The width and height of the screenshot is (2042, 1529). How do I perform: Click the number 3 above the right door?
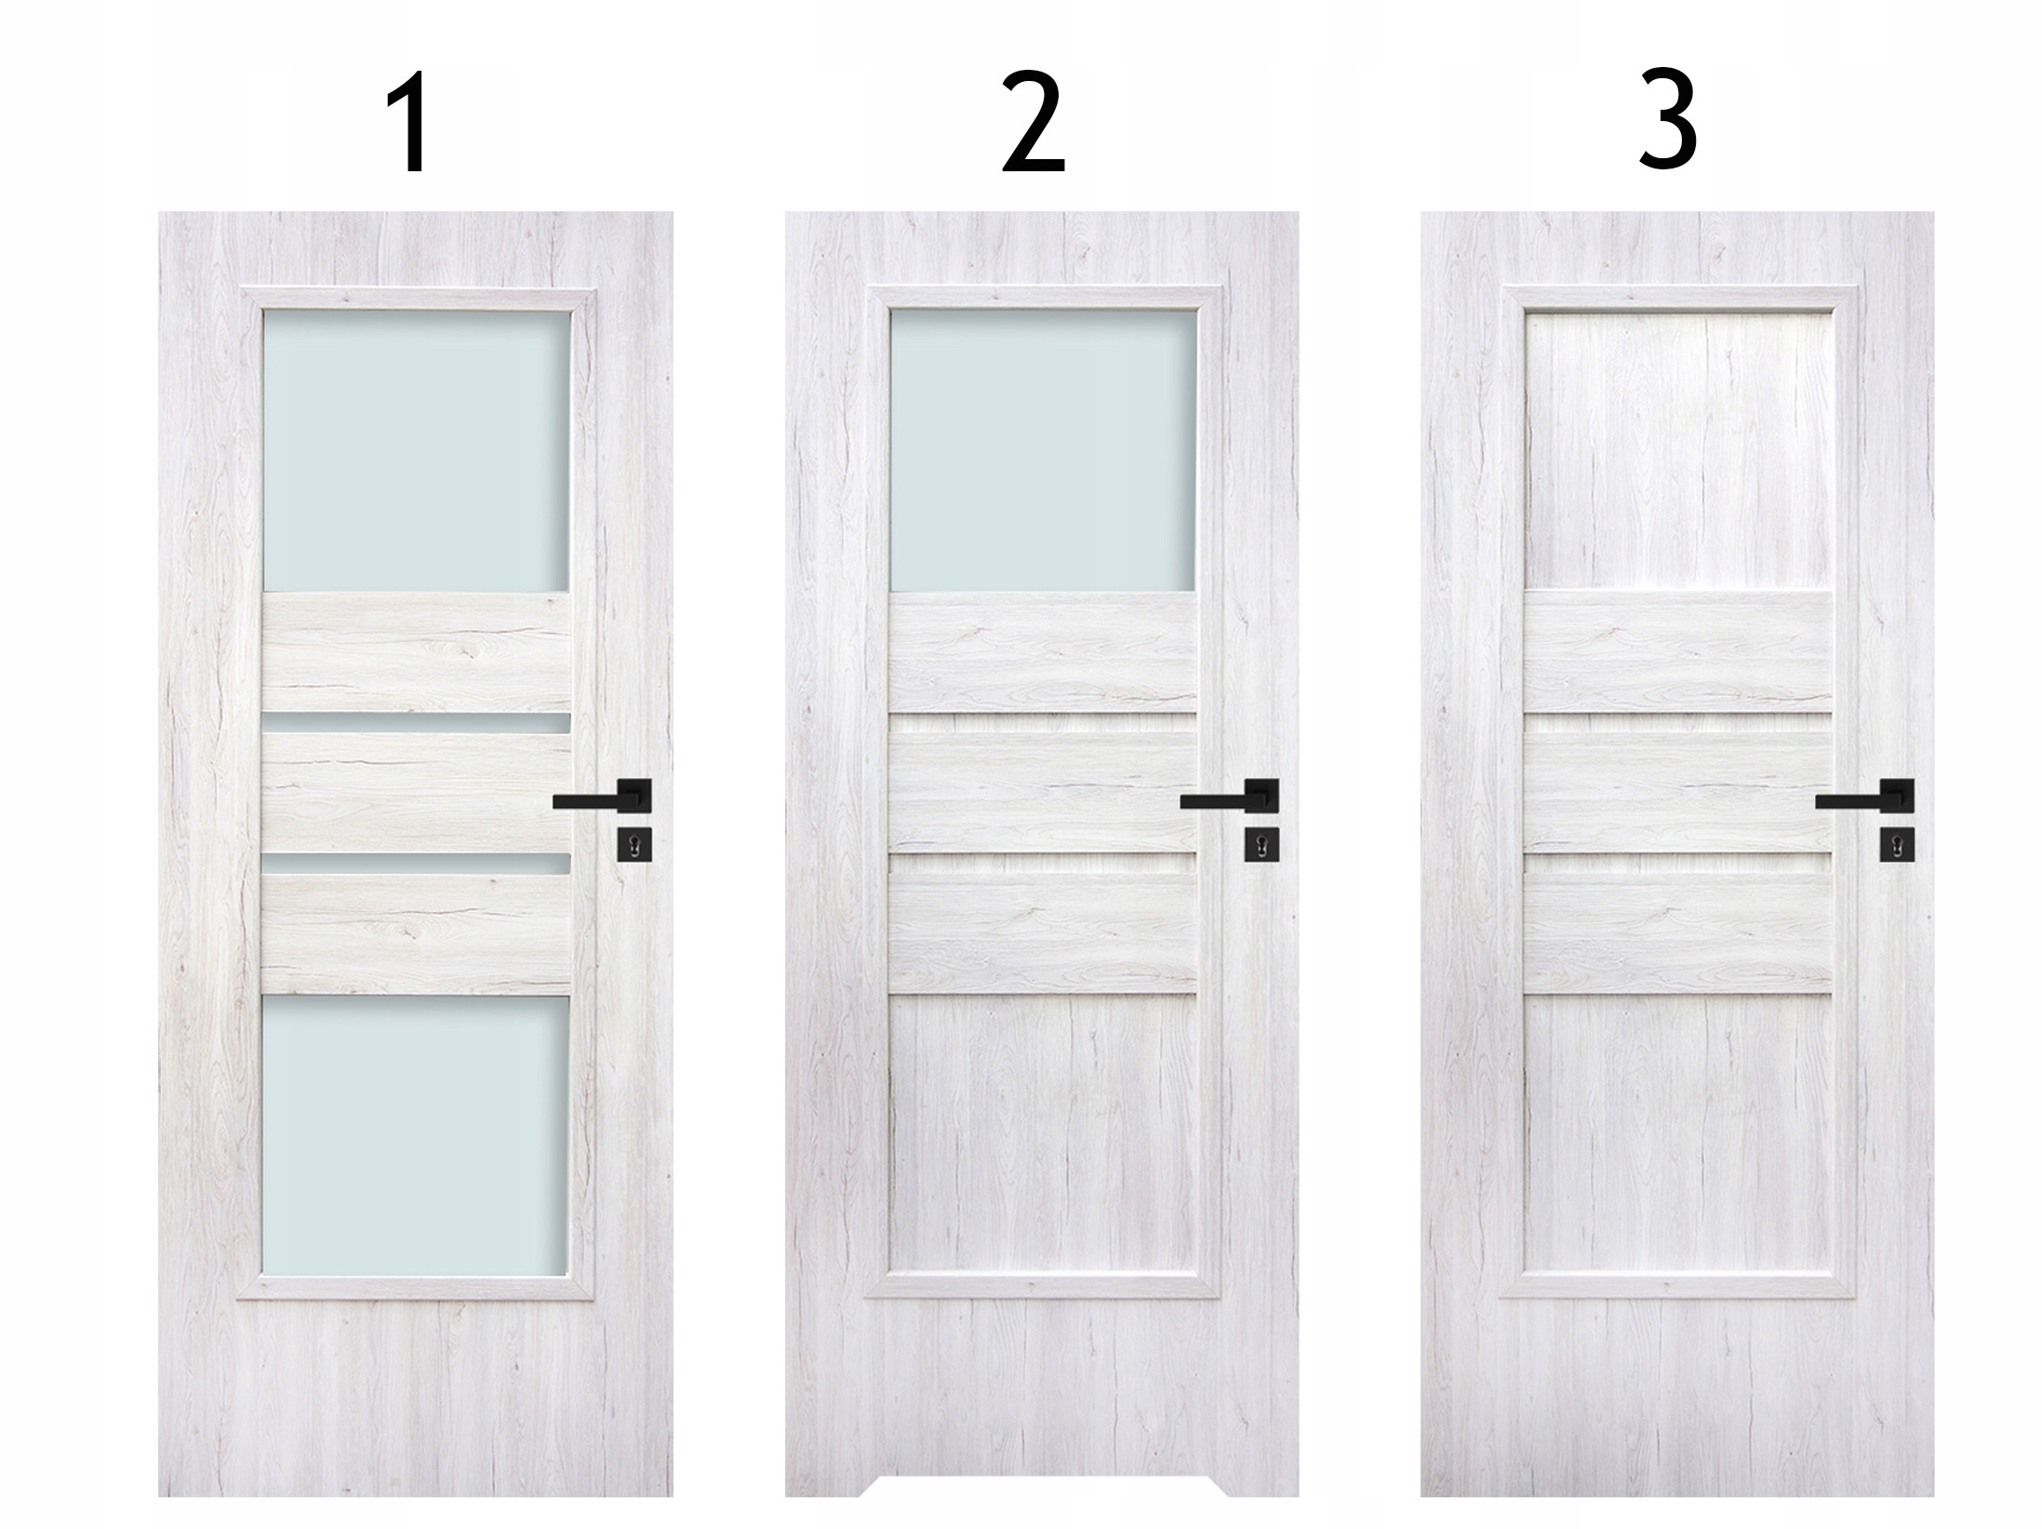click(1667, 125)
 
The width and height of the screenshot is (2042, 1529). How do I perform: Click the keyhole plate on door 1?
click(634, 843)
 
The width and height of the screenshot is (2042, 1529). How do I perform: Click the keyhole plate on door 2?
click(1261, 843)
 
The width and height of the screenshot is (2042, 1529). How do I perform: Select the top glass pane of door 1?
click(416, 450)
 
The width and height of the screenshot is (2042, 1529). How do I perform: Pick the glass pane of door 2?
click(1043, 450)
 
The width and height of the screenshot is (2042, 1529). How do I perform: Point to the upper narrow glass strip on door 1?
click(416, 723)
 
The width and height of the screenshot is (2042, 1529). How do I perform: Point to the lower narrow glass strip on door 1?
click(416, 865)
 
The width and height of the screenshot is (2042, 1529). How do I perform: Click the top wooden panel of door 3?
click(1678, 450)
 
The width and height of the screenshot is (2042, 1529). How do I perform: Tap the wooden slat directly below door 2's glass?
click(1043, 651)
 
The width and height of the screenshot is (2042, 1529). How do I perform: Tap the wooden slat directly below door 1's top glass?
click(416, 651)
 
